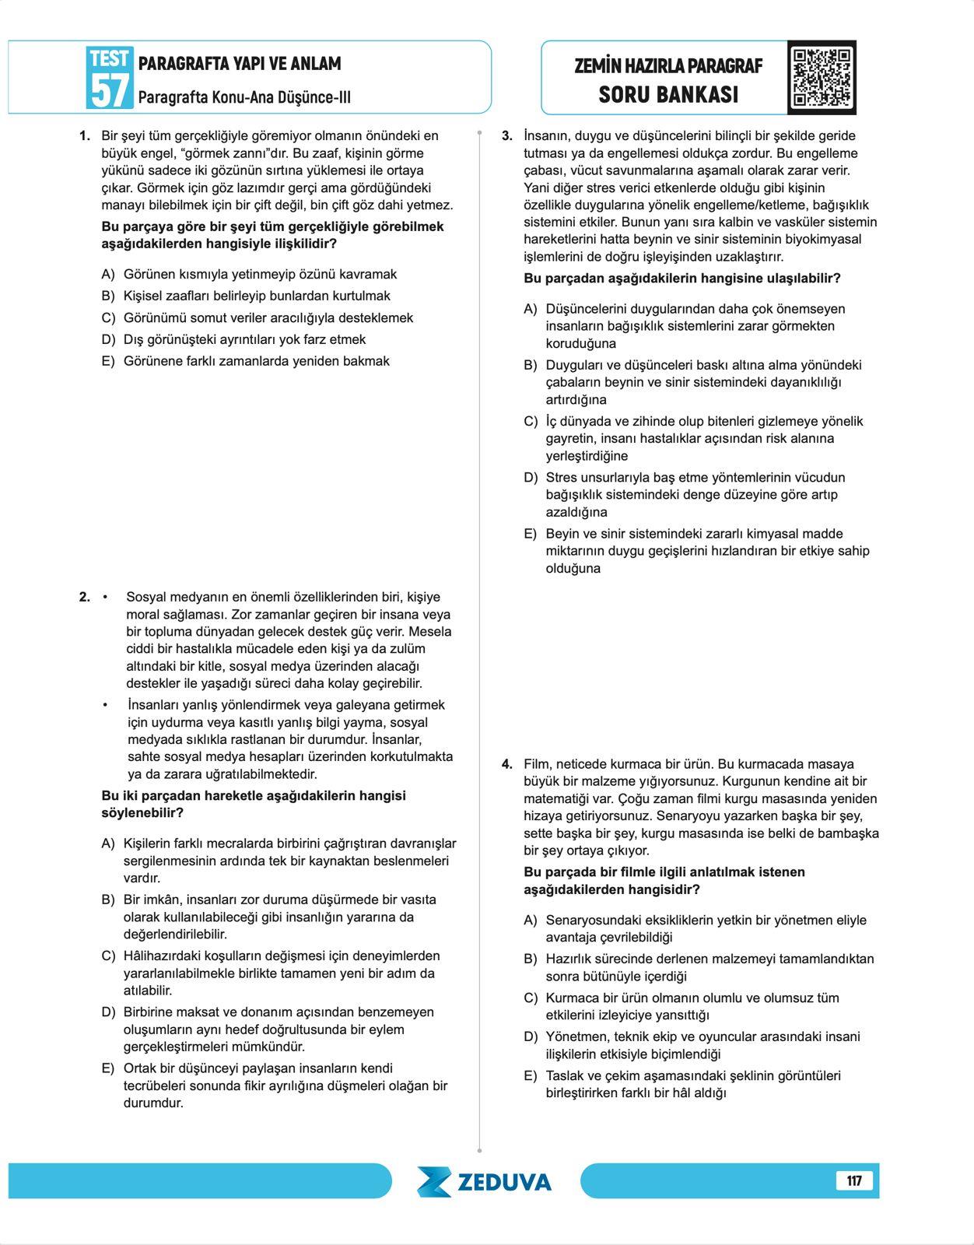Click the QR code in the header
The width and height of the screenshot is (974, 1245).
click(822, 78)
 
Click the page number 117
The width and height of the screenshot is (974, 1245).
click(854, 1180)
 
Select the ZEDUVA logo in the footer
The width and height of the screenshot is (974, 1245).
click(485, 1181)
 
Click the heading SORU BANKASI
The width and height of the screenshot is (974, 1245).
click(668, 95)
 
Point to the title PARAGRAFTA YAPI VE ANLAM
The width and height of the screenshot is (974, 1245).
click(240, 64)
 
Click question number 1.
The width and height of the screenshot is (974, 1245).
click(85, 136)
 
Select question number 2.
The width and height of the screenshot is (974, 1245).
click(85, 598)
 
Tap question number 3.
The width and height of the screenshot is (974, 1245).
click(507, 136)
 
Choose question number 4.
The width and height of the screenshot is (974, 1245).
click(507, 764)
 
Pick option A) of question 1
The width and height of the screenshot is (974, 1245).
click(108, 275)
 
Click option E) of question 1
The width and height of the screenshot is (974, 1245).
click(108, 361)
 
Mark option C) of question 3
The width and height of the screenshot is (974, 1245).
click(530, 422)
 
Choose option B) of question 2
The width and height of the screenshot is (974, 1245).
click(108, 900)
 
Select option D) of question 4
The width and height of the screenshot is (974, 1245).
click(530, 1037)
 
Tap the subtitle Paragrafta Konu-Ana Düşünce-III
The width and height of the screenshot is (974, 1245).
click(244, 98)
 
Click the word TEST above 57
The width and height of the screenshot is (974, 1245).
click(109, 58)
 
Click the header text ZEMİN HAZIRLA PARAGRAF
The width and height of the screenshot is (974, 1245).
click(668, 66)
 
